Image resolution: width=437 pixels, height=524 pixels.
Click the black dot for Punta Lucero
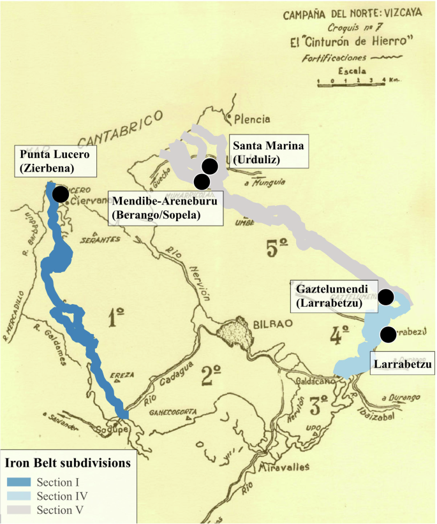(61, 194)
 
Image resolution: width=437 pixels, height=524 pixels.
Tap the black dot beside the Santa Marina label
(210, 166)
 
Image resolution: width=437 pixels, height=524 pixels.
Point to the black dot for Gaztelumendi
(386, 296)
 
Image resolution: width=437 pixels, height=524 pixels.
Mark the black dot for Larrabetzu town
(387, 334)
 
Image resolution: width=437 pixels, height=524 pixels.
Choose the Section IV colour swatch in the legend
(19, 495)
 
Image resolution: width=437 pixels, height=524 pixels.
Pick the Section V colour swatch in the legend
(19, 509)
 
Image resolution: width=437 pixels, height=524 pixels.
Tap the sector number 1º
(116, 316)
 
